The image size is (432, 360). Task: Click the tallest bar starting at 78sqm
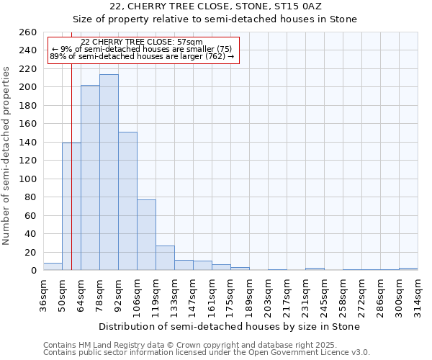(109, 173)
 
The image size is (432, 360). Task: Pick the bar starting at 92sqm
(127, 202)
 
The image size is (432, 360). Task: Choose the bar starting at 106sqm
(146, 235)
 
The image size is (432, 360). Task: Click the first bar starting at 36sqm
(53, 266)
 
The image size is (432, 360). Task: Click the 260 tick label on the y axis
(28, 32)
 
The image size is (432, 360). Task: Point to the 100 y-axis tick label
(28, 179)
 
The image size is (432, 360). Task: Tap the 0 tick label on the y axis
(34, 271)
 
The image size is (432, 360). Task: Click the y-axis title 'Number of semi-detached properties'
(7, 156)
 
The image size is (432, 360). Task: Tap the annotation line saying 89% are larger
(142, 56)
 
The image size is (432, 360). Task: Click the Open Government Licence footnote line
(207, 353)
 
